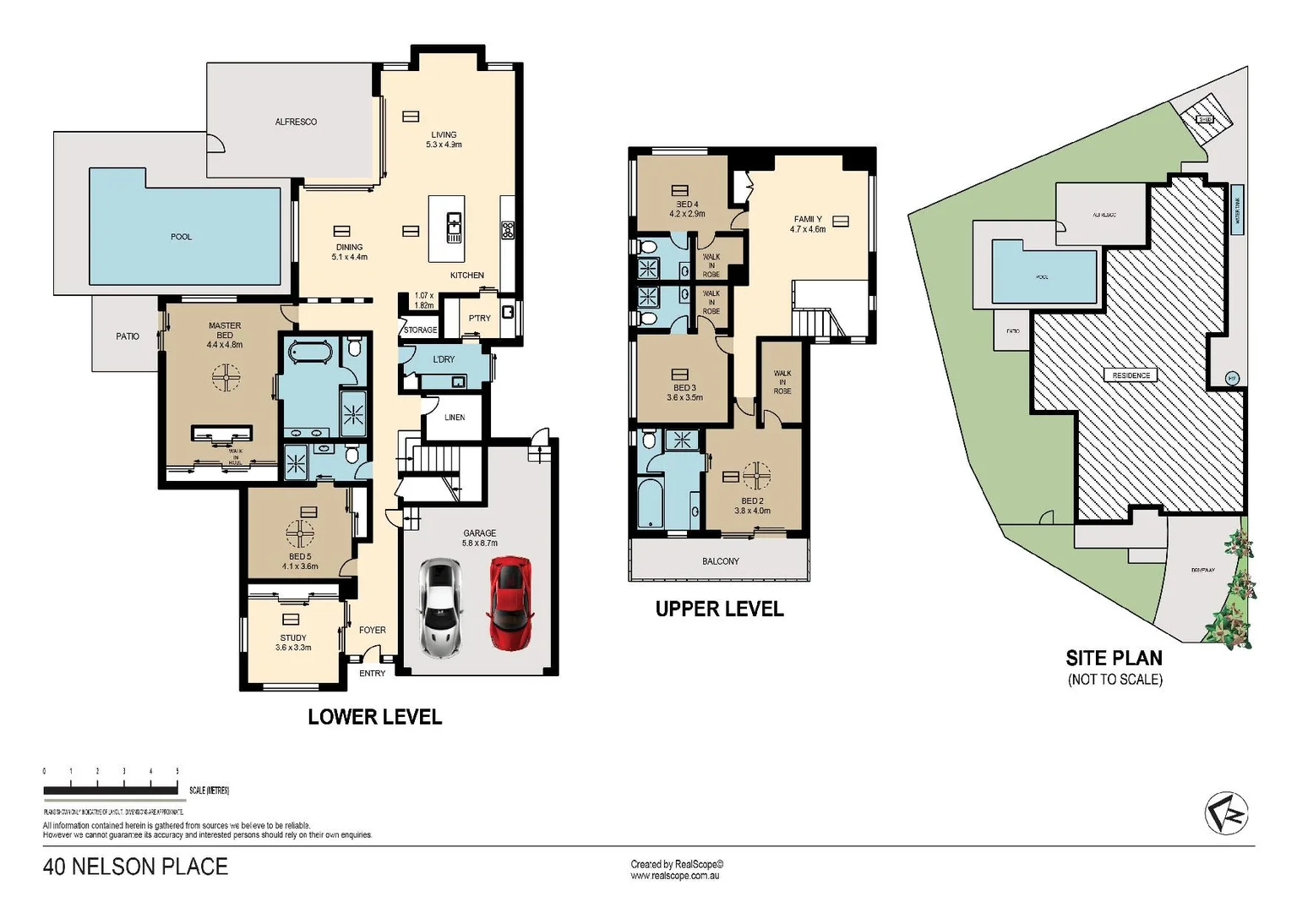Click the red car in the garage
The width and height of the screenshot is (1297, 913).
click(510, 603)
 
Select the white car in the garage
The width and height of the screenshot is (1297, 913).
click(440, 608)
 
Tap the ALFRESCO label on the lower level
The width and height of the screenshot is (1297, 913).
click(296, 122)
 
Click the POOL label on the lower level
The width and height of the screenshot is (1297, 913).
click(181, 237)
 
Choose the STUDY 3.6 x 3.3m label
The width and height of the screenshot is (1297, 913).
click(293, 642)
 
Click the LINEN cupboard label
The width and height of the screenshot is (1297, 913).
click(455, 418)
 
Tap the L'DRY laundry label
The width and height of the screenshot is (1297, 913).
click(444, 359)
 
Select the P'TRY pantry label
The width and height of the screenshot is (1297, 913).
click(479, 318)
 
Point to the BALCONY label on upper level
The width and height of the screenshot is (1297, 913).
click(720, 561)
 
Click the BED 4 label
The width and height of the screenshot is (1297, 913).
click(687, 209)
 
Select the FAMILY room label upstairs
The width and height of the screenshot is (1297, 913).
click(808, 224)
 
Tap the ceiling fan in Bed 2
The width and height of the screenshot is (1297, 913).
click(756, 475)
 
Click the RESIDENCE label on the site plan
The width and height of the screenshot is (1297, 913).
click(1131, 375)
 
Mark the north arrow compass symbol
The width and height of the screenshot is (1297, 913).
click(1226, 815)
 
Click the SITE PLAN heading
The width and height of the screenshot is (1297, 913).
click(1114, 658)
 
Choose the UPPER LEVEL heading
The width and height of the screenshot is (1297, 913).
click(719, 609)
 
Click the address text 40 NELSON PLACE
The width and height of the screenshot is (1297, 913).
click(135, 867)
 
